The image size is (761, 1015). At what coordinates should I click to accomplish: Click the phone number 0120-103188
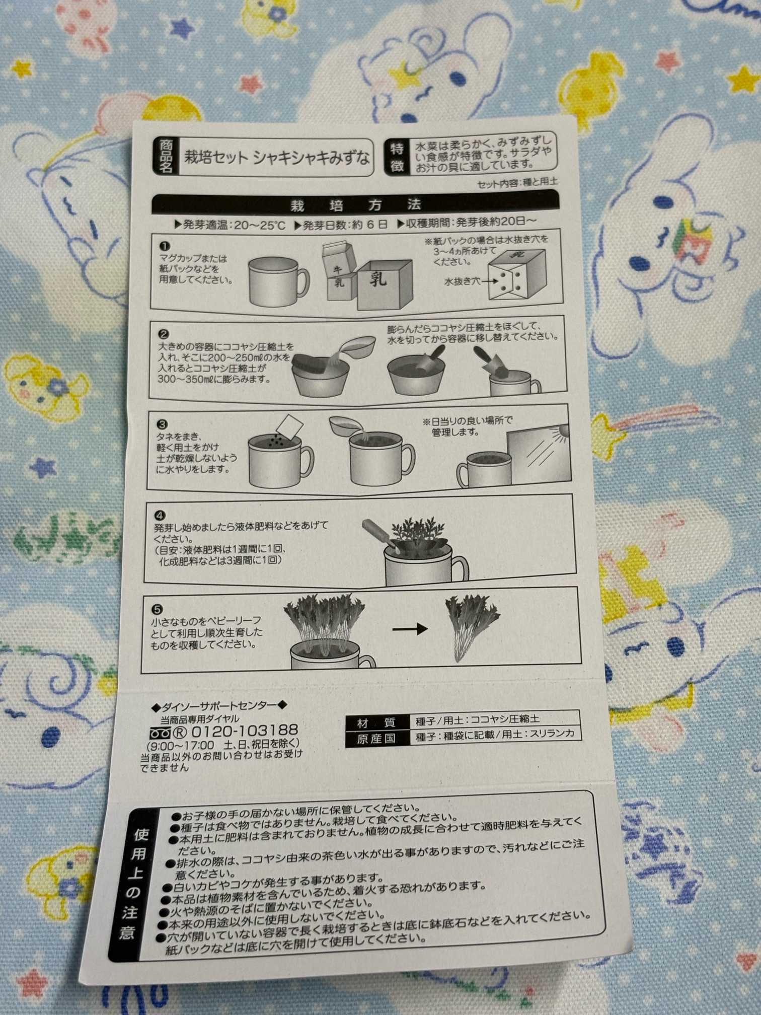pos(245,731)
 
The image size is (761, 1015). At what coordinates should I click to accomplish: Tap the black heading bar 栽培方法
pos(355,205)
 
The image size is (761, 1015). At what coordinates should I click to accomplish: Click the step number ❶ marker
pos(165,246)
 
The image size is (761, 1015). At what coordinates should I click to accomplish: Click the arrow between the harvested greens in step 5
pos(410,628)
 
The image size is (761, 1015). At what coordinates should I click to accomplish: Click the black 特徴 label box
pos(397,157)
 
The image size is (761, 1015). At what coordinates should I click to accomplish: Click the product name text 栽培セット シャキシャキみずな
pos(276,158)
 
